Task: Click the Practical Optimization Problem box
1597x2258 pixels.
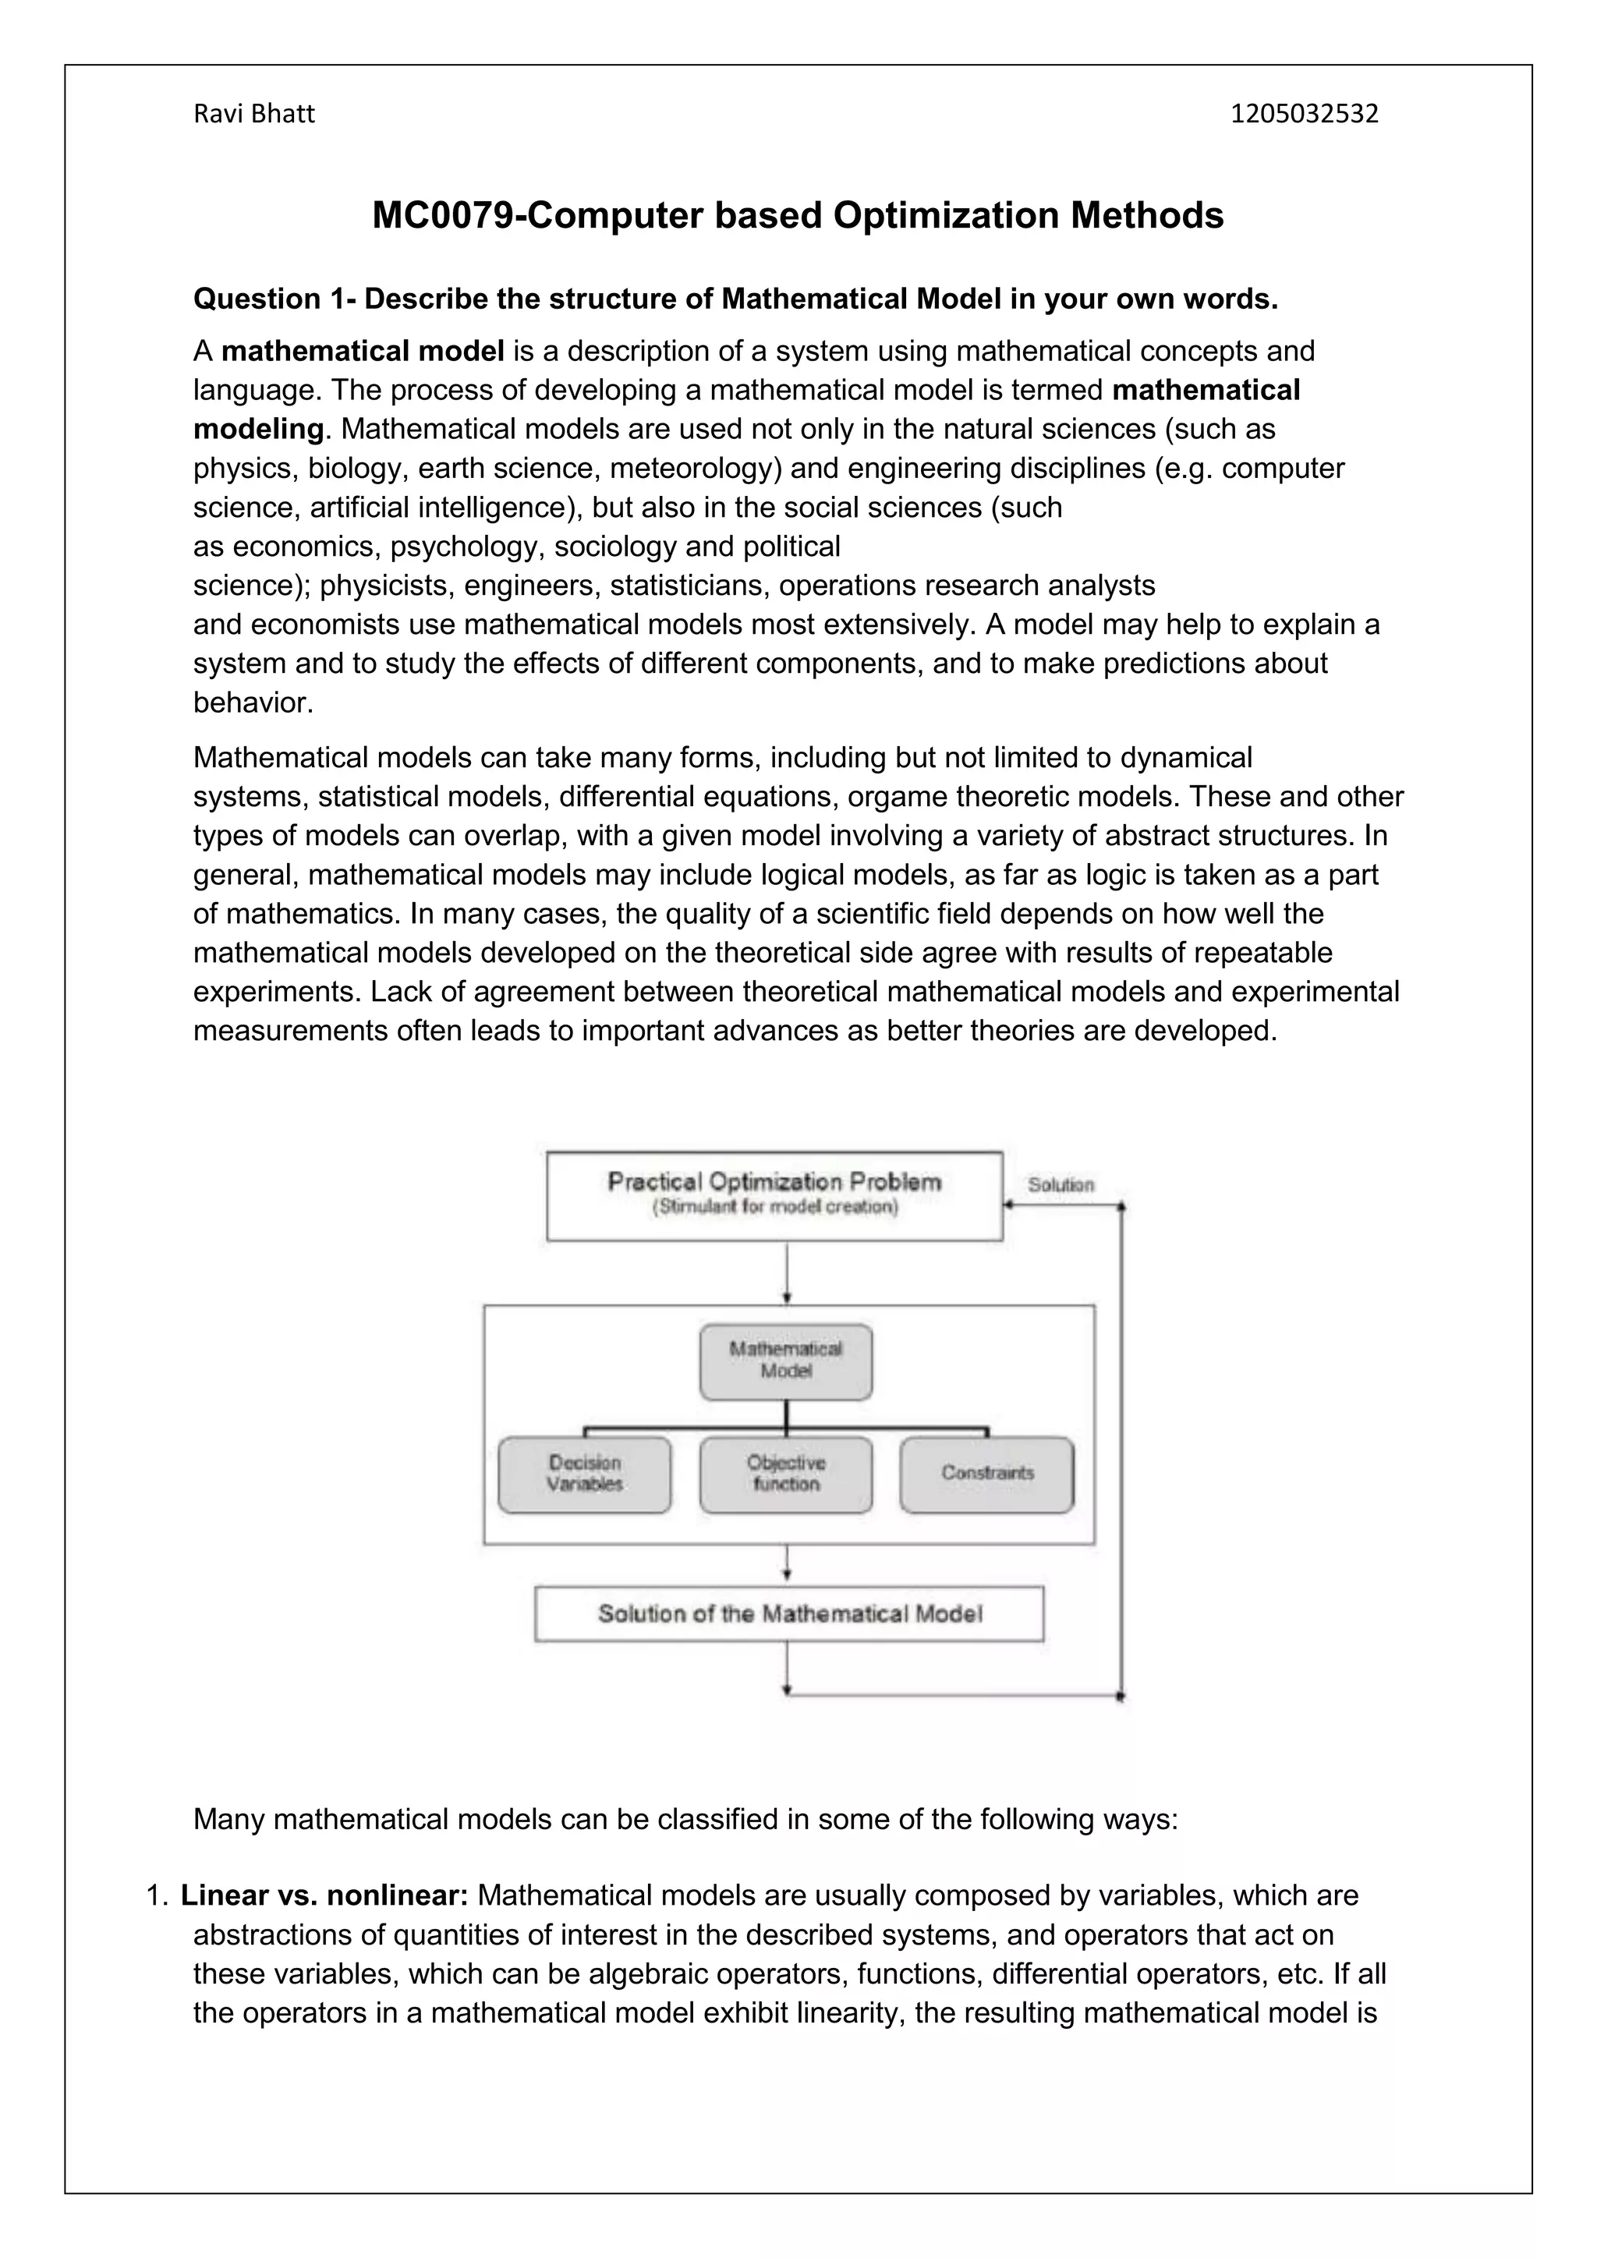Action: pyautogui.click(x=774, y=1195)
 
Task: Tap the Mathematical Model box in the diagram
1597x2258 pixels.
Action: pyautogui.click(x=786, y=1362)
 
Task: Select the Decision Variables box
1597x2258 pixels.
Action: pyautogui.click(x=585, y=1474)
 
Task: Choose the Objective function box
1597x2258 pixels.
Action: pyautogui.click(x=786, y=1474)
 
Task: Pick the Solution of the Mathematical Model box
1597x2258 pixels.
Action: pyautogui.click(x=788, y=1614)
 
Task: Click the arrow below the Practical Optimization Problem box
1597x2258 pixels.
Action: pyautogui.click(x=787, y=1272)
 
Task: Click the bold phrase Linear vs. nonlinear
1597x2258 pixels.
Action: pyautogui.click(x=324, y=1895)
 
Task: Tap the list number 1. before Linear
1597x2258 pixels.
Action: pyautogui.click(x=158, y=1895)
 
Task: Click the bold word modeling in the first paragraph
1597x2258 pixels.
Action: pyautogui.click(x=257, y=429)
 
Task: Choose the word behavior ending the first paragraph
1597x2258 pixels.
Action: pyautogui.click(x=253, y=703)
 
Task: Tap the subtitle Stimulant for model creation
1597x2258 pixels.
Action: pyautogui.click(x=775, y=1208)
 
